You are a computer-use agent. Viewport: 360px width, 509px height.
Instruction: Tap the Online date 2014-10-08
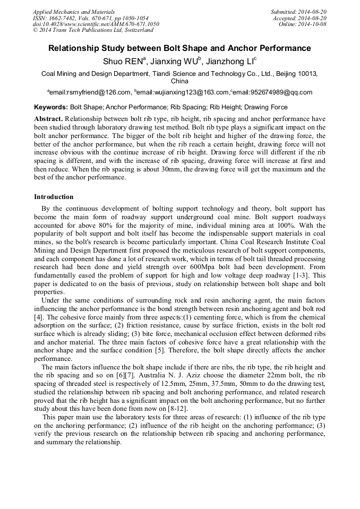313,24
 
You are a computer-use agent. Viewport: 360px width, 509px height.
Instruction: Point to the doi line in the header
96,24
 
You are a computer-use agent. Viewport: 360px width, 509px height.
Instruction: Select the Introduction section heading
54,197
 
